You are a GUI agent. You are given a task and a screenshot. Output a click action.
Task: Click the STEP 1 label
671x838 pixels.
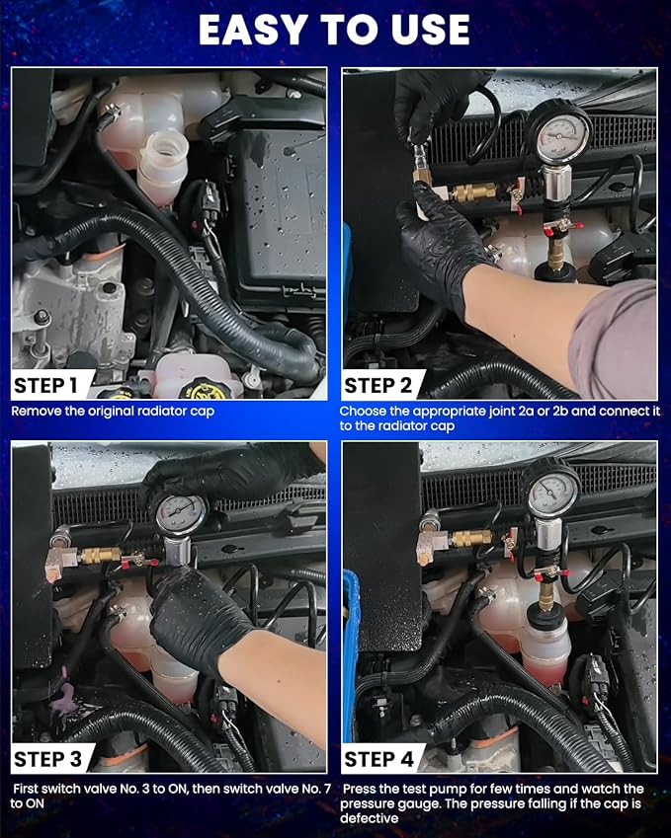click(46, 385)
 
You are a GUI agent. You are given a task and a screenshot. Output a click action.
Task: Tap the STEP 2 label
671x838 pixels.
click(378, 385)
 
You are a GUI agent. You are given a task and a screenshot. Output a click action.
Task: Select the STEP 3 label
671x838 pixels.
click(47, 759)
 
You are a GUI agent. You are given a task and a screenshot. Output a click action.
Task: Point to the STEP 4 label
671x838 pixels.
click(378, 759)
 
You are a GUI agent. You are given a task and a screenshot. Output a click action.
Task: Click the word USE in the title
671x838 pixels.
click(430, 30)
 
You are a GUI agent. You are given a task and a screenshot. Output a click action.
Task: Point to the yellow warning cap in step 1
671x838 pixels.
click(205, 389)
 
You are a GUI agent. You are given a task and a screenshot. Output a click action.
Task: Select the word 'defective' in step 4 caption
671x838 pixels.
click(370, 818)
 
